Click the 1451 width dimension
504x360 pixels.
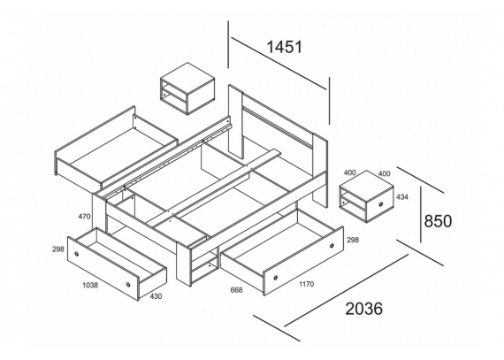coord(285,47)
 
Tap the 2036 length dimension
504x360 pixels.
coord(364,309)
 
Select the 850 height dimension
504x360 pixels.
coord(438,221)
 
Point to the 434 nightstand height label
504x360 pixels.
coord(402,196)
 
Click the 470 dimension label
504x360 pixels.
coord(84,217)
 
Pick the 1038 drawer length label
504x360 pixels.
coord(90,285)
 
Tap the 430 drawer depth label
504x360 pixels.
coord(156,296)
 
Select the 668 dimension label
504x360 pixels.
coord(237,290)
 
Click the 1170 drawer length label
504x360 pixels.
coord(306,284)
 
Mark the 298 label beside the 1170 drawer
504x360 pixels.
coord(353,240)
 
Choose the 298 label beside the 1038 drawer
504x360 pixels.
coord(58,249)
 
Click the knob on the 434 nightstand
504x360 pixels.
coord(381,204)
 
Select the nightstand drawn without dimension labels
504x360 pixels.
coord(187,88)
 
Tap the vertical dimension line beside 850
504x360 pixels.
coord(421,214)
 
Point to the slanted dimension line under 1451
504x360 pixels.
coord(279,64)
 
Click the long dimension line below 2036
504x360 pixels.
coord(347,291)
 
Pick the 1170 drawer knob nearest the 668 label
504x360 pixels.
coord(276,278)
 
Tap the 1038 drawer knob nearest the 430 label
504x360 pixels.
coord(128,285)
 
